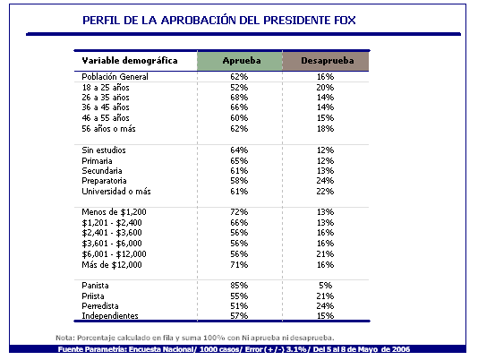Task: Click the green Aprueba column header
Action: tap(240, 61)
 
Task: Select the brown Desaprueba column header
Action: tap(326, 61)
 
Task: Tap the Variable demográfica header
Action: tap(130, 60)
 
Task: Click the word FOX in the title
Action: tap(345, 20)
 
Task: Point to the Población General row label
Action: tap(115, 76)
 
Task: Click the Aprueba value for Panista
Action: tap(239, 286)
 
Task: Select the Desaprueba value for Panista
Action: tap(325, 286)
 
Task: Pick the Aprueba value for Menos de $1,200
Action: tap(239, 211)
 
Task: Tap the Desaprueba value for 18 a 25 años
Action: tap(325, 88)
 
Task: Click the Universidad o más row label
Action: tap(116, 192)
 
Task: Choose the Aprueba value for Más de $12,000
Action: tap(239, 264)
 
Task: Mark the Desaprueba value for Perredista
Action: tap(325, 305)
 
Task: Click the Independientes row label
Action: tap(110, 316)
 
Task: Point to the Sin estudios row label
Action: tap(104, 150)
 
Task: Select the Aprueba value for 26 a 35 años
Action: tap(239, 98)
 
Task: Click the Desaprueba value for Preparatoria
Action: tap(325, 181)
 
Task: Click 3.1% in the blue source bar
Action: tap(296, 349)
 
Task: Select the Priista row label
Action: tap(93, 296)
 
